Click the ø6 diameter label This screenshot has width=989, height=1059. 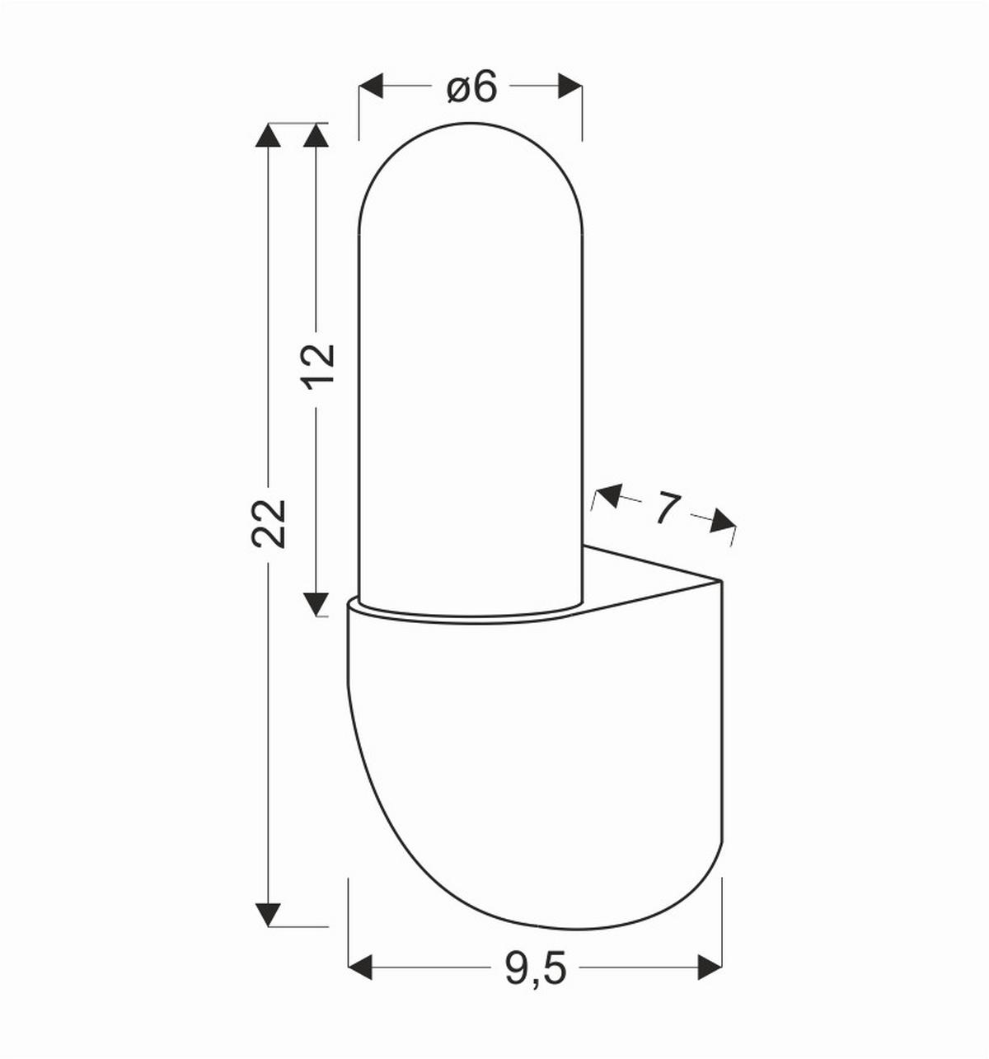[x=472, y=87]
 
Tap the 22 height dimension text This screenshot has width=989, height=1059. [x=269, y=522]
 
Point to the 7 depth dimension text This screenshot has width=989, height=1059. [x=667, y=508]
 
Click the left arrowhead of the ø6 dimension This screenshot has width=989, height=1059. [x=372, y=86]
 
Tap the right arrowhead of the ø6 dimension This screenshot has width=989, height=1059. [x=570, y=86]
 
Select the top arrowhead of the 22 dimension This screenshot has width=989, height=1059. [x=268, y=135]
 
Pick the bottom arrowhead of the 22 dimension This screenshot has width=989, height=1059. [x=268, y=914]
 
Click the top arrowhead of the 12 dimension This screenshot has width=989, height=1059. [x=316, y=135]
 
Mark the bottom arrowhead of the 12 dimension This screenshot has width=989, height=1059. [x=316, y=604]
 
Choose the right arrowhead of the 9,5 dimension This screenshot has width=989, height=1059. [x=710, y=967]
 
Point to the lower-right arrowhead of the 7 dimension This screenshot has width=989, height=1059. [x=723, y=521]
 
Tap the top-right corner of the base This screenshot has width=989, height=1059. [x=721, y=582]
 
